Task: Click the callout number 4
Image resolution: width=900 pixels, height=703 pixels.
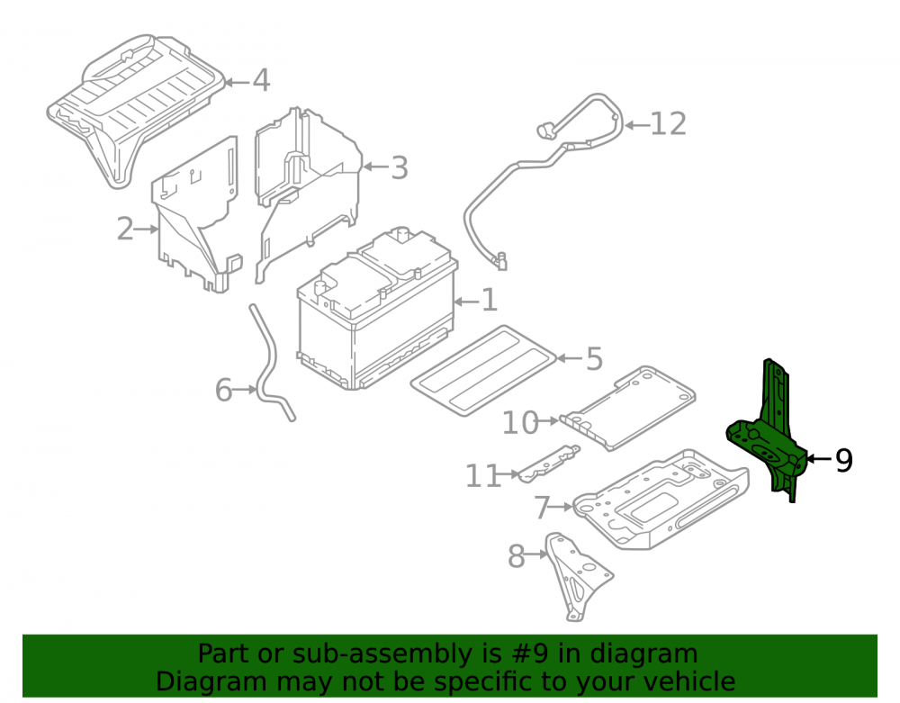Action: pyautogui.click(x=261, y=80)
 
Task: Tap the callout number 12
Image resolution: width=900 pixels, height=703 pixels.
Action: pyautogui.click(x=668, y=124)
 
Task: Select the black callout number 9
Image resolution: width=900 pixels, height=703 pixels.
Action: pyautogui.click(x=844, y=460)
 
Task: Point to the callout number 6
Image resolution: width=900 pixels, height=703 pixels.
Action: pyautogui.click(x=223, y=391)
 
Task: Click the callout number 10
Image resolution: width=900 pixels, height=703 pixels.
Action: pyautogui.click(x=520, y=423)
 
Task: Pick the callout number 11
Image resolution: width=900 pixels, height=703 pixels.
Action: pyautogui.click(x=482, y=476)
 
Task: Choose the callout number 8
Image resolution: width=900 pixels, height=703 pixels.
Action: pyautogui.click(x=517, y=556)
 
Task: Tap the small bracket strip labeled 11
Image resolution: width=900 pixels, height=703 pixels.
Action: pyautogui.click(x=549, y=463)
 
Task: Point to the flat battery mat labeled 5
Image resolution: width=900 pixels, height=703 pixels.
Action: pyautogui.click(x=483, y=371)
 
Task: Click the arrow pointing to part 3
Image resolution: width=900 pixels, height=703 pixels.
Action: pyautogui.click(x=376, y=167)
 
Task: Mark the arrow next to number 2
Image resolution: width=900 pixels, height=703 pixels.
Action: pyautogui.click(x=147, y=230)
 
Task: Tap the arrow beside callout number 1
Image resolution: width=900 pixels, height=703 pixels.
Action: pyautogui.click(x=466, y=302)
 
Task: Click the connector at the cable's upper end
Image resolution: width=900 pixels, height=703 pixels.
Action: pyautogui.click(x=544, y=131)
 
